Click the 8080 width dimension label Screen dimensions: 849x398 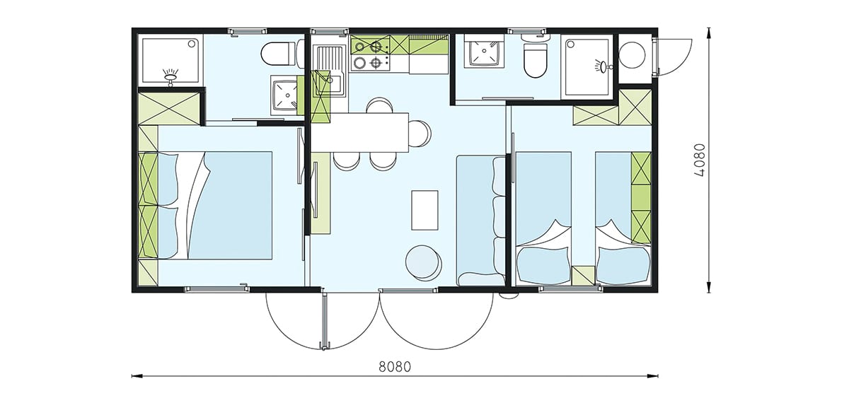[x=395, y=367]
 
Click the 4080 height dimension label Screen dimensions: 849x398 [x=699, y=160]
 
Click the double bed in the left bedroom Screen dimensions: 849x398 [x=215, y=206]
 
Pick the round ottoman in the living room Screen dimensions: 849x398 [x=423, y=262]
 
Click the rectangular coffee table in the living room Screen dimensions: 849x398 [x=424, y=210]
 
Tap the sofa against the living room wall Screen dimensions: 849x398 [x=481, y=221]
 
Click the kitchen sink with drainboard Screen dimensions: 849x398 [x=330, y=71]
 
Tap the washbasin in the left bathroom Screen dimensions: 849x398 [x=284, y=95]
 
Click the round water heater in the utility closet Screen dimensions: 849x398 [x=632, y=54]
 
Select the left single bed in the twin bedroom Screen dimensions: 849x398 [x=543, y=218]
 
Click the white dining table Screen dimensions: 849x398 [x=360, y=132]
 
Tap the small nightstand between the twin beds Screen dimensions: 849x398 [x=583, y=275]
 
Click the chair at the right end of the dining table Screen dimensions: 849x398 [x=420, y=134]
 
